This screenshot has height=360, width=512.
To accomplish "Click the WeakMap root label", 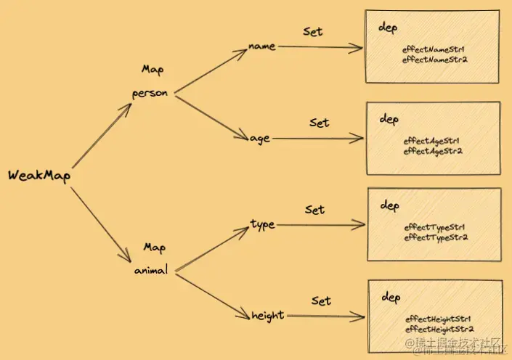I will click(x=38, y=176).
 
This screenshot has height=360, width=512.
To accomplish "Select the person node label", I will click(x=150, y=94).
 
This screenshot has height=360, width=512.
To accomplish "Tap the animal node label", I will click(x=152, y=270).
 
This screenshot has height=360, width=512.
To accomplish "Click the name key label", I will click(x=261, y=46).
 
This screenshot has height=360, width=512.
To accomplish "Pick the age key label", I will click(x=260, y=139).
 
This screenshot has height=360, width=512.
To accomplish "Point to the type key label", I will click(x=262, y=224).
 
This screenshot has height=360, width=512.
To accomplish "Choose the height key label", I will click(x=267, y=316).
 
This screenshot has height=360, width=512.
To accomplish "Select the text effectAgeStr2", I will click(x=433, y=151).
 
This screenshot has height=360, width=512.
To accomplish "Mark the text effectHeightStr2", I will click(x=438, y=329).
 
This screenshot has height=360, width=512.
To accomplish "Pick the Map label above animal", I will click(x=154, y=247).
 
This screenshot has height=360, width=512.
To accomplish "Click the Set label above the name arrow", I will click(x=312, y=31).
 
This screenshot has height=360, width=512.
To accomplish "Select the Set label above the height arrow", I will click(x=321, y=300).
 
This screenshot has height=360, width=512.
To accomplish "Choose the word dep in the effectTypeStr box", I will click(x=389, y=206).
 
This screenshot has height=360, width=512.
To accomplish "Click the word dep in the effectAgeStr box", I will click(x=389, y=119).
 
